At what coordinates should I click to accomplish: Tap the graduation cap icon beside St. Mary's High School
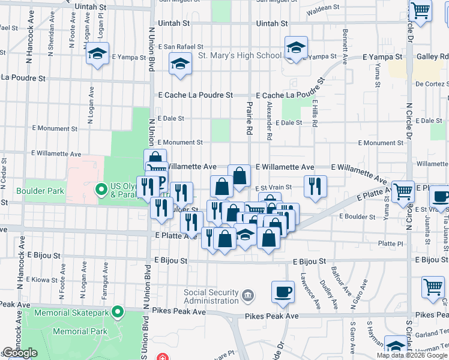pyautogui.click(x=296, y=47)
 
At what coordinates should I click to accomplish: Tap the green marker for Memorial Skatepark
pyautogui.click(x=118, y=312)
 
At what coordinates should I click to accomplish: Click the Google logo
pyautogui.click(x=20, y=353)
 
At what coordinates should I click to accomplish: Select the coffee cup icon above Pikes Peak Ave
pyautogui.click(x=283, y=292)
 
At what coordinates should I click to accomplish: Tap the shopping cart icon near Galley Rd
pyautogui.click(x=420, y=10)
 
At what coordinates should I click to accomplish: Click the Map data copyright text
pyautogui.click(x=412, y=355)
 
